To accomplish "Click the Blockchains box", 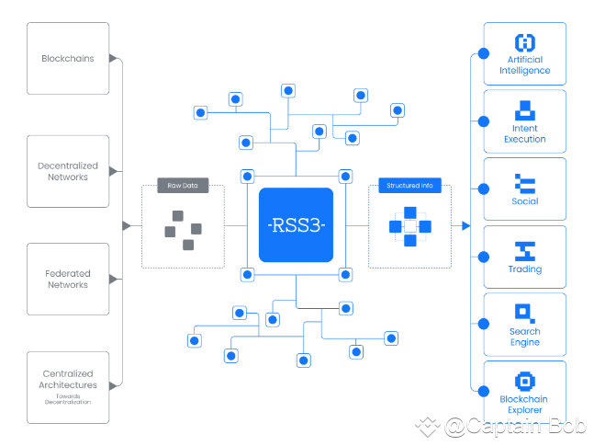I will click(x=68, y=59).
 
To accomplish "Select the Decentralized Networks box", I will click(x=68, y=171).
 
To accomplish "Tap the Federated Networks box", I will click(x=68, y=279).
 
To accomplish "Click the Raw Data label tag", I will click(x=182, y=186).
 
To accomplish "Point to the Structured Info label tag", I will click(x=409, y=186).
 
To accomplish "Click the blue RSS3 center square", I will click(x=296, y=225).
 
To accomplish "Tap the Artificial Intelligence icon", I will click(x=525, y=42).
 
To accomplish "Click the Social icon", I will click(x=525, y=181).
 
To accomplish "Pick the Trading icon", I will click(x=525, y=249).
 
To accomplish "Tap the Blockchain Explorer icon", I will click(x=525, y=381).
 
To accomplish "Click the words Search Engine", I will click(x=525, y=337).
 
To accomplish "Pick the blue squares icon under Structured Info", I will click(x=409, y=226).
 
